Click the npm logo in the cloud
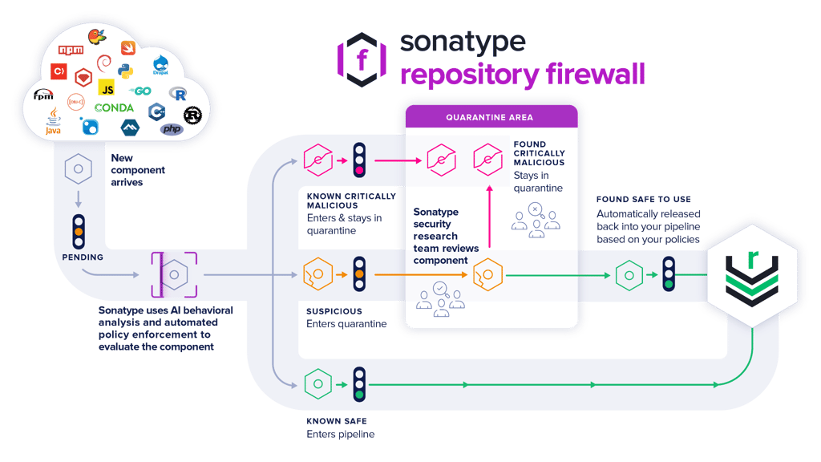tap(71, 51)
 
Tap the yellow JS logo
tap(106, 87)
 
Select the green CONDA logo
tap(114, 107)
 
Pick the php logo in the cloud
tap(171, 128)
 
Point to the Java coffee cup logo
tap(53, 121)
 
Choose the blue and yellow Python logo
tap(125, 71)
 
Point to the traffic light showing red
tap(359, 159)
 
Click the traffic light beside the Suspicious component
tap(359, 274)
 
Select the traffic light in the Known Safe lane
tap(359, 384)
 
